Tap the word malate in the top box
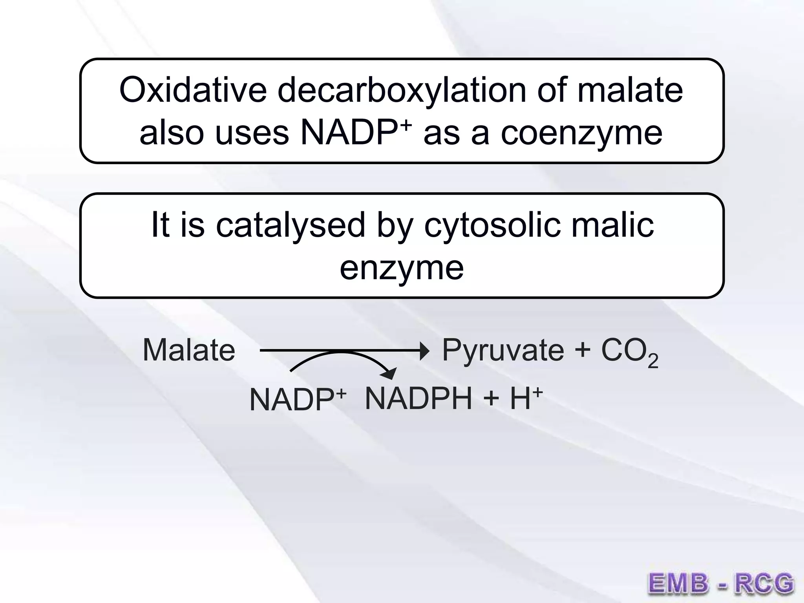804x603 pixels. [630, 90]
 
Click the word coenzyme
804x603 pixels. [581, 133]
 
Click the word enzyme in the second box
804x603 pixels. [402, 268]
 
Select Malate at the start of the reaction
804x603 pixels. [189, 350]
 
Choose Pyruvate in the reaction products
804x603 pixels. [503, 351]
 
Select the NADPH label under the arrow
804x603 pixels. [418, 399]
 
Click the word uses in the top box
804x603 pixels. [252, 133]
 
